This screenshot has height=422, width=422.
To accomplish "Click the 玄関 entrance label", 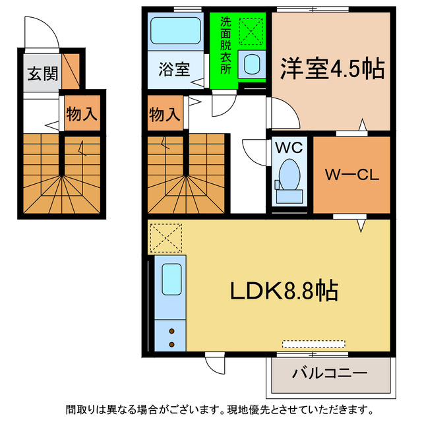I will pos(42,73).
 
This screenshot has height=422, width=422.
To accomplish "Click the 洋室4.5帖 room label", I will pos(332,68).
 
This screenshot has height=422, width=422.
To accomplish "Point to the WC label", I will pos(289,147).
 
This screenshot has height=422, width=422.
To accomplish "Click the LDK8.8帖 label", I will pos(284,289).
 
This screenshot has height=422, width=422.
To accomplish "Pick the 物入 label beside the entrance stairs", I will pos(82,114).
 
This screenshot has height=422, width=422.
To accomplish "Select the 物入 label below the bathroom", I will pos(164,114).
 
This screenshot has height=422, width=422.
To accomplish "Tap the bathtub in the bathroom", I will pos(175,30).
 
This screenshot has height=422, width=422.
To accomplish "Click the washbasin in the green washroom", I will pos(252,64).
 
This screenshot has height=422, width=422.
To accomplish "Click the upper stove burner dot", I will pos(172,331).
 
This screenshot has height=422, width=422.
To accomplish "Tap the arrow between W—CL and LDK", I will pos(362,226).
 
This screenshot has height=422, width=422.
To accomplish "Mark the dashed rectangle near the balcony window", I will pos(314,344).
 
